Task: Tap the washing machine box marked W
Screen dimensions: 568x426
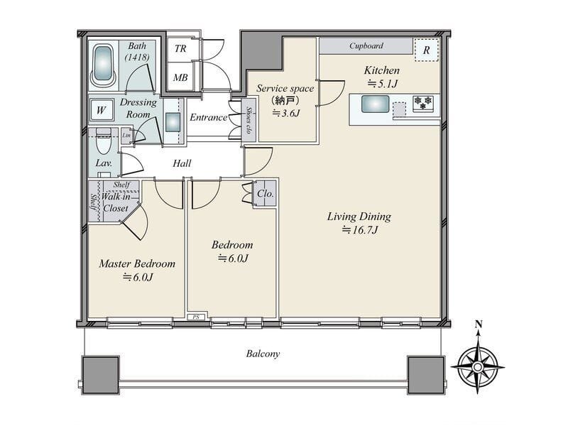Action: click(x=101, y=110)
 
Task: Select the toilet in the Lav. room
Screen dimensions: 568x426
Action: click(x=104, y=142)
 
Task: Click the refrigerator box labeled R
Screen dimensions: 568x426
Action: click(x=426, y=50)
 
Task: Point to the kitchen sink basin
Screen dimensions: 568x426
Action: click(x=376, y=104)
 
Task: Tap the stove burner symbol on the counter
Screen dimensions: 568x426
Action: click(x=423, y=103)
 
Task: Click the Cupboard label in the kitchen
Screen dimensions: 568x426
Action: click(x=366, y=45)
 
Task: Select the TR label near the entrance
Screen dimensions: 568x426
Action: click(x=180, y=48)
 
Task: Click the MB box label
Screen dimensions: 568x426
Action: click(x=180, y=77)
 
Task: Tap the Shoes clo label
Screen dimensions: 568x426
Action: click(x=249, y=120)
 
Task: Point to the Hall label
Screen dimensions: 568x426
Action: click(x=182, y=163)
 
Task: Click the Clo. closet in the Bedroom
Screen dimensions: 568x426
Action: click(x=265, y=194)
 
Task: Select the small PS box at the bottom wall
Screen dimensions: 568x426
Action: click(x=196, y=317)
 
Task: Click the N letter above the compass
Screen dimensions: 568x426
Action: click(x=479, y=324)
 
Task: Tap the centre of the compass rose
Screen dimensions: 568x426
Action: click(x=478, y=367)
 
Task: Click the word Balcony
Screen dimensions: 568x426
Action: click(x=263, y=354)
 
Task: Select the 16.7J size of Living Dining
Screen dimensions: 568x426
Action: click(x=360, y=230)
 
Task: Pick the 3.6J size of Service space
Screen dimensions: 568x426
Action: click(x=286, y=114)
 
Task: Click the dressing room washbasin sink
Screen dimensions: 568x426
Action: click(x=173, y=122)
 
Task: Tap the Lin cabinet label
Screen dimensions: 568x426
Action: click(x=126, y=135)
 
